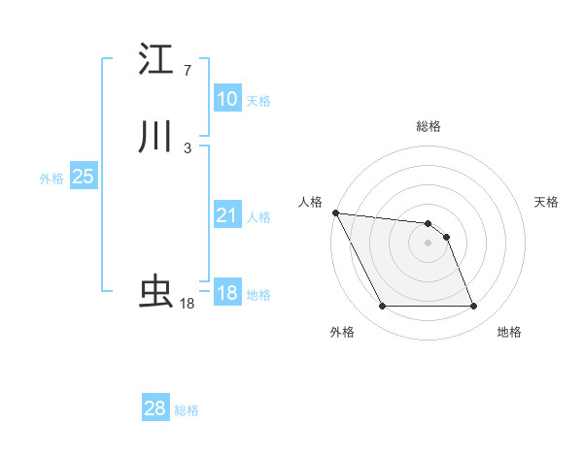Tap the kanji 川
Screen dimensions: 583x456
[x=155, y=137]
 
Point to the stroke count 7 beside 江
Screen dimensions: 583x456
[x=187, y=71]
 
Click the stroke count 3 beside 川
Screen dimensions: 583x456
[x=187, y=147]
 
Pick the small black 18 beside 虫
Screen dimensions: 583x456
[x=187, y=304]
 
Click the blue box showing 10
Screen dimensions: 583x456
[x=226, y=99]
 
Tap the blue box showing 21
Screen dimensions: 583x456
[x=226, y=215]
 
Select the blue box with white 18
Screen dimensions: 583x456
[x=226, y=293]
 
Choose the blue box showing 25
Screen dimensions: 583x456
[x=83, y=177]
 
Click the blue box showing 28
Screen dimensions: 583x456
[x=155, y=408]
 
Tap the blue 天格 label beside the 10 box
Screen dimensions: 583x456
[x=258, y=101]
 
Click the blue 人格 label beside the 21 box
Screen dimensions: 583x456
[x=258, y=217]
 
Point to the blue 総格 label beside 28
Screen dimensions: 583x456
[x=187, y=410]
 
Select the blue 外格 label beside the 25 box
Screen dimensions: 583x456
[x=51, y=179]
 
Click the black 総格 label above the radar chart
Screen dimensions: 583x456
[x=429, y=126]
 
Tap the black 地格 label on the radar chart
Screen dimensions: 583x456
[x=509, y=332]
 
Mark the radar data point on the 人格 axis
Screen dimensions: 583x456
[x=335, y=212]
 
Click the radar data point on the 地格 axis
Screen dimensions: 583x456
[x=474, y=307]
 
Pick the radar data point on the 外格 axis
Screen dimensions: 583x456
[x=382, y=307]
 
